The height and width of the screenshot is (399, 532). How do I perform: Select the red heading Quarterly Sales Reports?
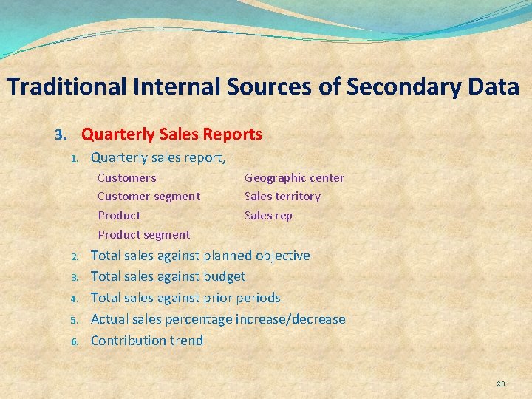coord(171,134)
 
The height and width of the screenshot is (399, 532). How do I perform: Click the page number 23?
coord(501,383)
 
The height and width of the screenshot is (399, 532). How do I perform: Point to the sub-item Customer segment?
coord(149,197)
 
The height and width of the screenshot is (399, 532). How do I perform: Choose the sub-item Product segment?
coord(143,235)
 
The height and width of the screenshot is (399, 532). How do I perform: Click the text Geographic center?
coord(294,177)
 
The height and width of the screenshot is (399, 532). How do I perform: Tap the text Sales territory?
coord(282,197)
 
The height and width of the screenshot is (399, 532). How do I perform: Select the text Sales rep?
coord(268,216)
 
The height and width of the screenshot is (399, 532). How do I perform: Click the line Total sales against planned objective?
coord(199,256)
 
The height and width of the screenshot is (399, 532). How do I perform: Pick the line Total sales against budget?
coord(168,277)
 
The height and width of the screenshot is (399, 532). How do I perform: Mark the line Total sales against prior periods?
coord(185,298)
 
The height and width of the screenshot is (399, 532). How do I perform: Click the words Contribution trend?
coord(146,341)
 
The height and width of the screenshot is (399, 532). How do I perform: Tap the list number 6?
coord(75,341)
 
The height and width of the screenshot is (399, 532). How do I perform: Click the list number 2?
coord(75,257)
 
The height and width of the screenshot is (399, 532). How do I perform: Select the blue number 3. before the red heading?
coord(61,135)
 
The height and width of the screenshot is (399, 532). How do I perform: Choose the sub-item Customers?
coord(126,177)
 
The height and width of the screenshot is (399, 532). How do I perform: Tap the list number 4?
coord(75,299)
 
